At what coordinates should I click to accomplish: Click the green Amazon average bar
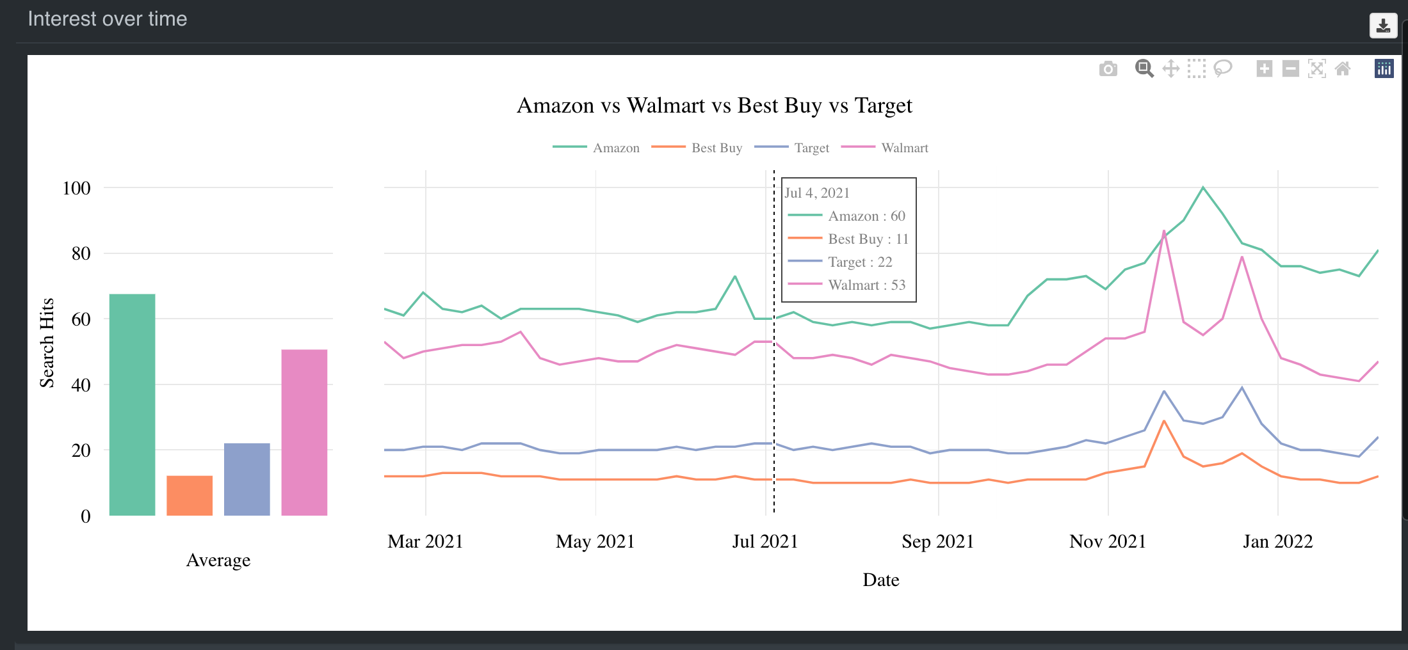[132, 404]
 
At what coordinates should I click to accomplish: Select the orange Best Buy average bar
[190, 495]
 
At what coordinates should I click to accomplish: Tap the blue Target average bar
[247, 479]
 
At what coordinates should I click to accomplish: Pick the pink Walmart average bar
[304, 432]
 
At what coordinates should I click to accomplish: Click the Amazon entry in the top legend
[615, 148]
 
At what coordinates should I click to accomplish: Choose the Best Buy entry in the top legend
[716, 148]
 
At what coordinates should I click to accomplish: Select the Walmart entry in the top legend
[903, 148]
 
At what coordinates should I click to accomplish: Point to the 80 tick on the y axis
[81, 254]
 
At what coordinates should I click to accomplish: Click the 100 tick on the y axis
[76, 188]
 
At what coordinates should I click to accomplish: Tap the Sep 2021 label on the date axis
[937, 541]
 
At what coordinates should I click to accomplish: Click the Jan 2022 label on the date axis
[1277, 541]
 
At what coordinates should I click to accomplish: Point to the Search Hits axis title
[47, 343]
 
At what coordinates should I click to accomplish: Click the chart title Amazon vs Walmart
[714, 106]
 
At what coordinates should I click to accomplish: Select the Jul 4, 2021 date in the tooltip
[817, 193]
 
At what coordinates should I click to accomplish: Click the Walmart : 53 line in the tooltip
[866, 285]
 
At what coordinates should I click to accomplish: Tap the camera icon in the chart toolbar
[1108, 68]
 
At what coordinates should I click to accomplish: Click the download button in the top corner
[1383, 26]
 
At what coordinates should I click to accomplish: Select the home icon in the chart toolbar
[1343, 68]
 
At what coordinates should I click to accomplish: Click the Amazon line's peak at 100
[1203, 187]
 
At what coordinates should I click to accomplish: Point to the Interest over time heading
[108, 19]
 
